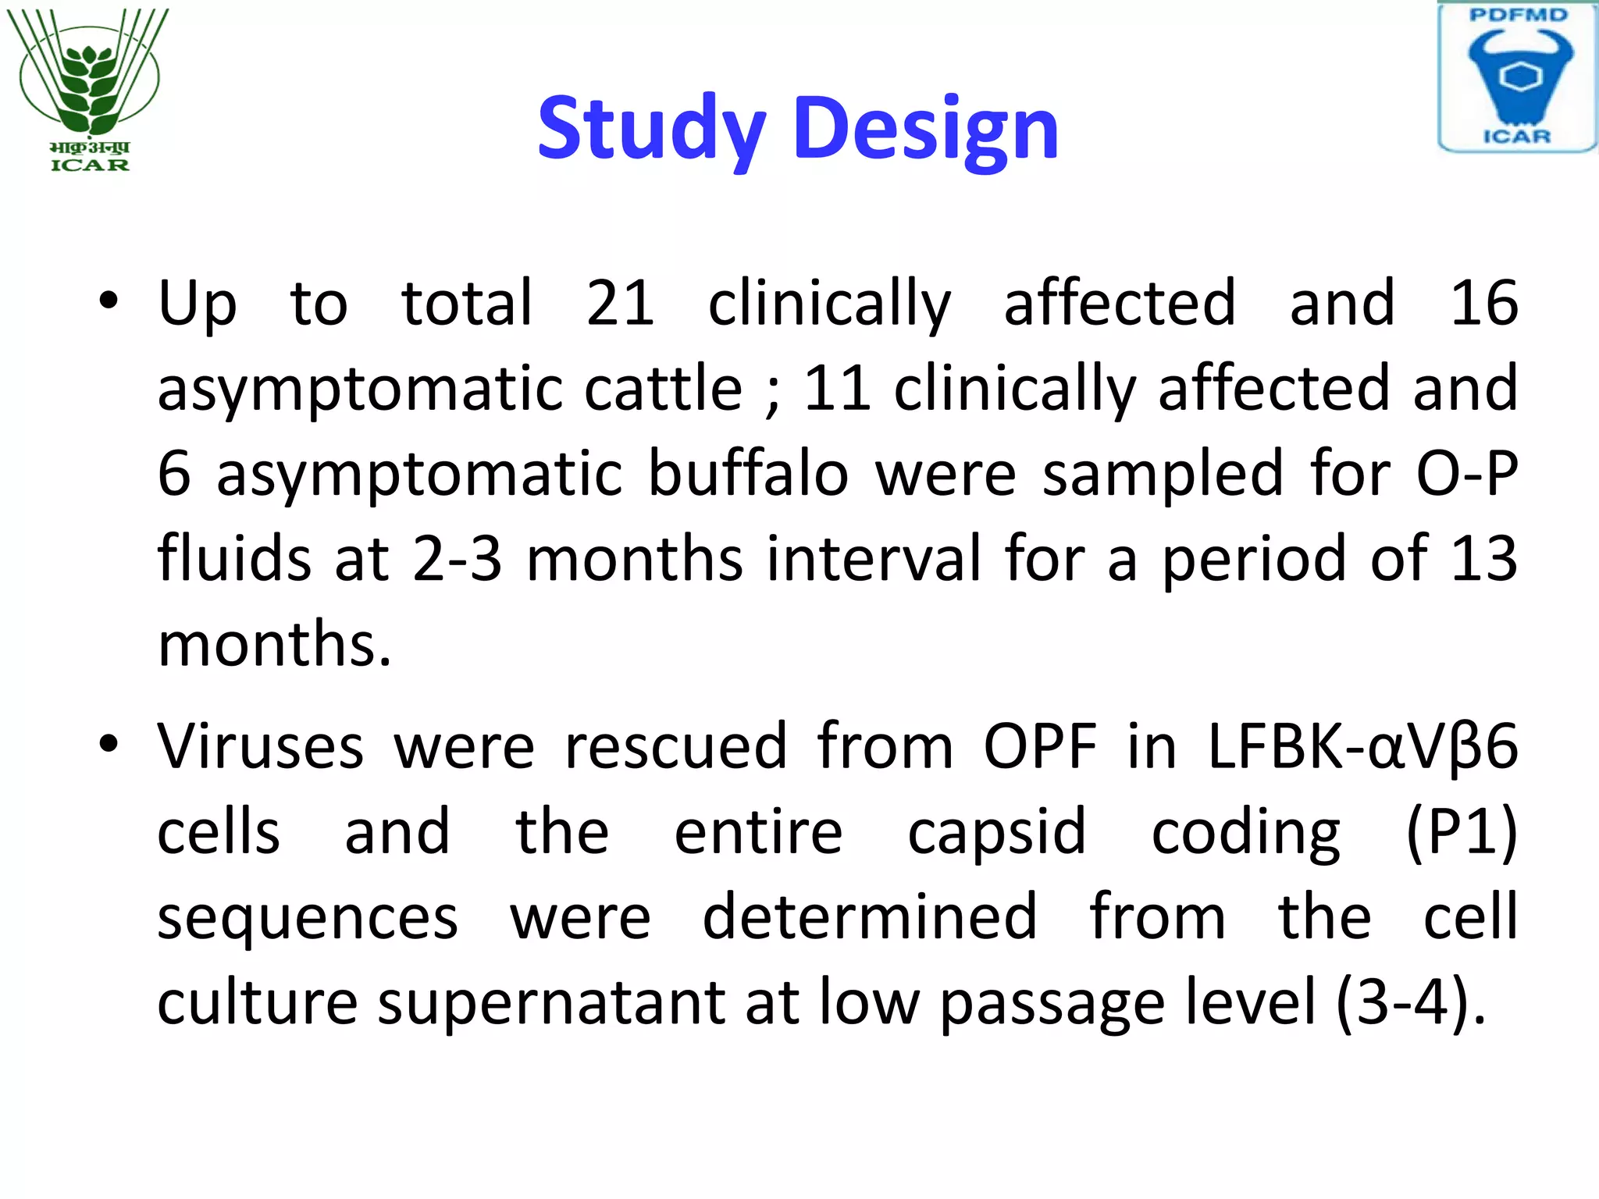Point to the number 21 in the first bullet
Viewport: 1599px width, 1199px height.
pyautogui.click(x=621, y=303)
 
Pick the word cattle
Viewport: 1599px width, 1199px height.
pyautogui.click(x=664, y=388)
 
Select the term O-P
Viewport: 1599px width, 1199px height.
pyautogui.click(x=1467, y=473)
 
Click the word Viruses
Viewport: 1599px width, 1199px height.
pyautogui.click(x=261, y=747)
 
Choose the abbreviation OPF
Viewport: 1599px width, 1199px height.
pyautogui.click(x=1040, y=747)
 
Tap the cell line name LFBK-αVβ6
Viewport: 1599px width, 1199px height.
pyautogui.click(x=1362, y=747)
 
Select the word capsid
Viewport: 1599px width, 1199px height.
pyautogui.click(x=997, y=832)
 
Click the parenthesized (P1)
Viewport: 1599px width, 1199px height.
pyautogui.click(x=1462, y=832)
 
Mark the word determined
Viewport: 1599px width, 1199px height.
pyautogui.click(x=870, y=917)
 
